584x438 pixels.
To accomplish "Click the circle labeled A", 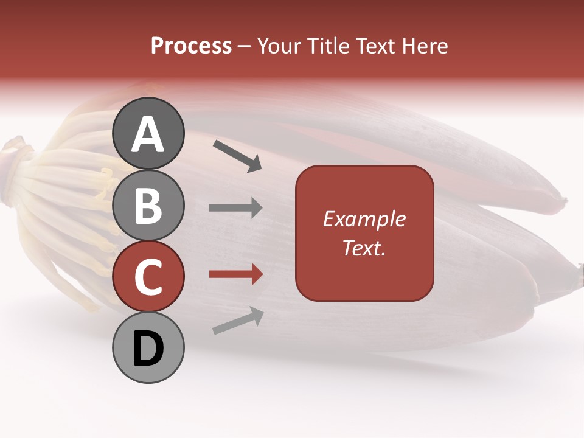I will pyautogui.click(x=148, y=133).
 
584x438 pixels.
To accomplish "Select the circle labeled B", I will pyautogui.click(x=148, y=205).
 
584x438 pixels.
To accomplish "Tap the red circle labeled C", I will pyautogui.click(x=148, y=277).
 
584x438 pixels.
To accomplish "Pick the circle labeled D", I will pyautogui.click(x=148, y=348).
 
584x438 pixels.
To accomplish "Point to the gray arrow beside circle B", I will pyautogui.click(x=235, y=208).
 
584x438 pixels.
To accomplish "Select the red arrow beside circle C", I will pyautogui.click(x=235, y=274).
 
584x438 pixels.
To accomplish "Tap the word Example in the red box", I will pyautogui.click(x=364, y=219).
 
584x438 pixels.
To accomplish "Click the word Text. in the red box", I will pyautogui.click(x=364, y=248).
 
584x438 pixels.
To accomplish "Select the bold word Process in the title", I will pyautogui.click(x=191, y=46).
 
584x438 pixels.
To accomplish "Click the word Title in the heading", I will pyautogui.click(x=330, y=46).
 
